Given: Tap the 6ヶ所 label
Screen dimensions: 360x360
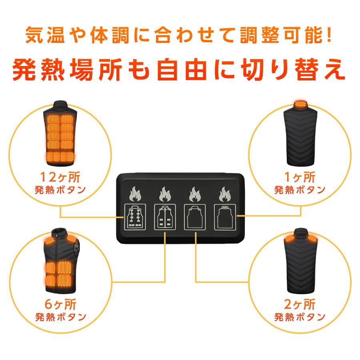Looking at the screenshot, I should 60,305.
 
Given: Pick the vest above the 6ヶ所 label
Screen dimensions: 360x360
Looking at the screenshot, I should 60,262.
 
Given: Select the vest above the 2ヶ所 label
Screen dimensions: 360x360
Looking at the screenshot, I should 300,262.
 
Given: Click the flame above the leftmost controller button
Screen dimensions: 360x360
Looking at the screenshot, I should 135,194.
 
